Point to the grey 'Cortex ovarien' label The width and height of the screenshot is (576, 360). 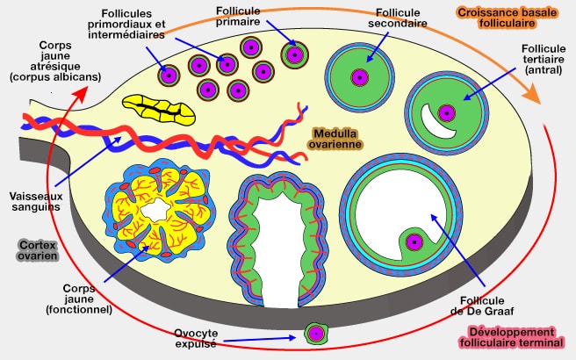[x=38, y=250]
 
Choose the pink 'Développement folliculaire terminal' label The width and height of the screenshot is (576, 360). [x=512, y=338]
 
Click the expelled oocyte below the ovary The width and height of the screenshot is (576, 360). [x=315, y=334]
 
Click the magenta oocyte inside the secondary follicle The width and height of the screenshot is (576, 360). [x=360, y=76]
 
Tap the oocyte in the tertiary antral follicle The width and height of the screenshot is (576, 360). [x=448, y=112]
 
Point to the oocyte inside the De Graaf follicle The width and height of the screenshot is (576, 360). [x=411, y=242]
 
